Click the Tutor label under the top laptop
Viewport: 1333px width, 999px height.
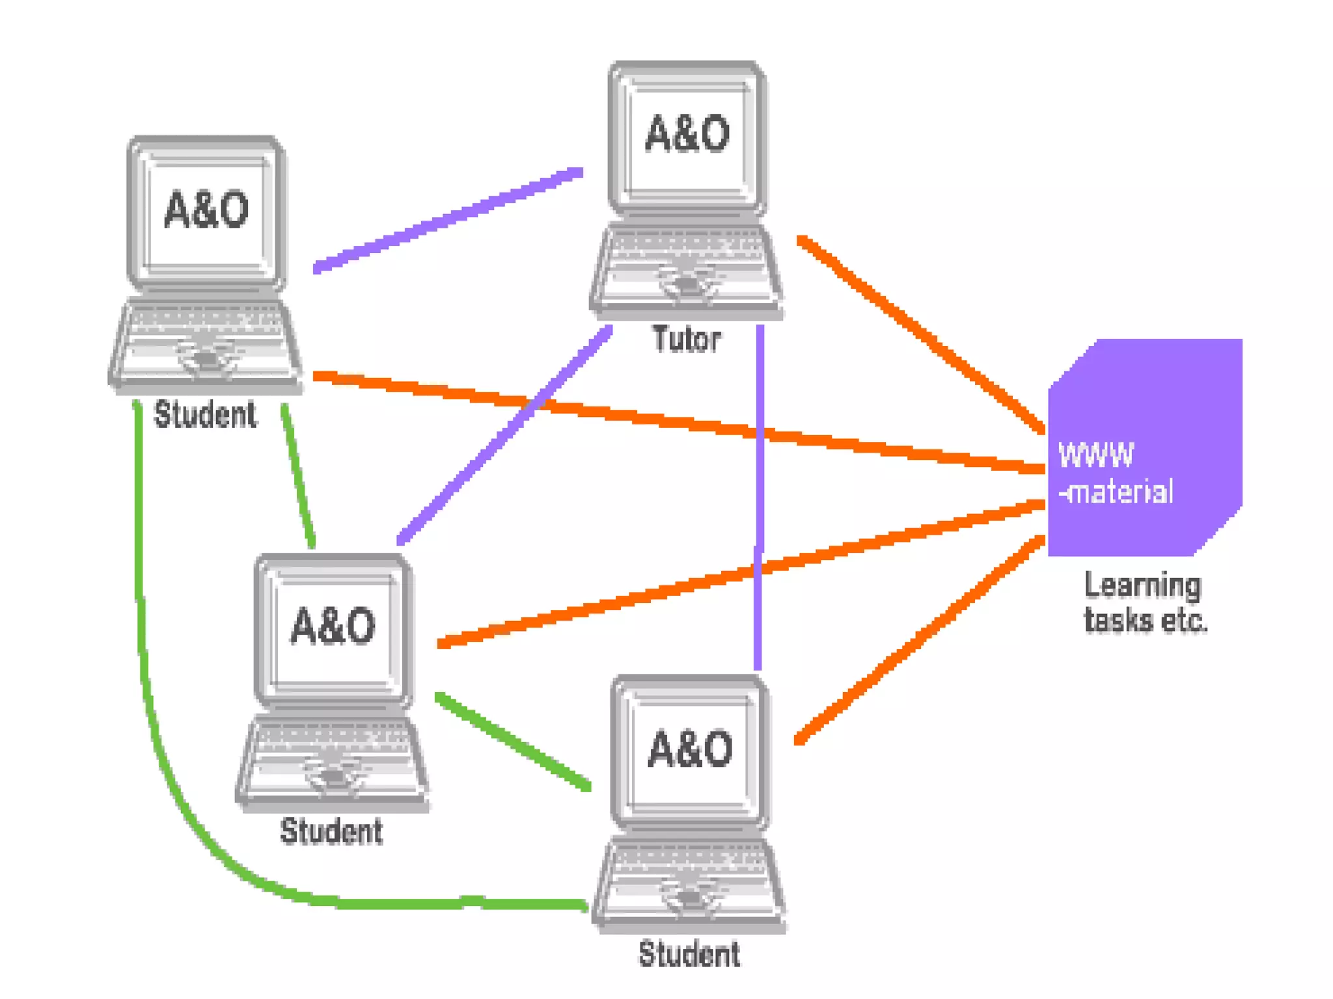coord(687,340)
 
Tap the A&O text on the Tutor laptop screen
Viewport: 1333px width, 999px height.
coord(687,134)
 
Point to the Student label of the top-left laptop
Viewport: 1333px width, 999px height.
coord(204,415)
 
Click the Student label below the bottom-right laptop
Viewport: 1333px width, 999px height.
coord(689,954)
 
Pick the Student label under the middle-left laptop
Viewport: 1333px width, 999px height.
coord(331,831)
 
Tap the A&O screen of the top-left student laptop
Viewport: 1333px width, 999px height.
coord(206,209)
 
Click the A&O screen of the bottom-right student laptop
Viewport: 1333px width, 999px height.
coord(690,748)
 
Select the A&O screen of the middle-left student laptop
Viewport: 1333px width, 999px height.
coord(333,626)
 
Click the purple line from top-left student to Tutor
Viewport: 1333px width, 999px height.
coord(449,220)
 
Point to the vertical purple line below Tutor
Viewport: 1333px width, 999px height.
coord(759,494)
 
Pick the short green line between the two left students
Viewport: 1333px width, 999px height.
coord(298,475)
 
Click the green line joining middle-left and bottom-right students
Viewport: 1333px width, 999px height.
coord(514,741)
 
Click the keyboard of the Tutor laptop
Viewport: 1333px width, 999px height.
coord(687,257)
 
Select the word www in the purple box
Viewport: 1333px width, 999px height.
coord(1096,454)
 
